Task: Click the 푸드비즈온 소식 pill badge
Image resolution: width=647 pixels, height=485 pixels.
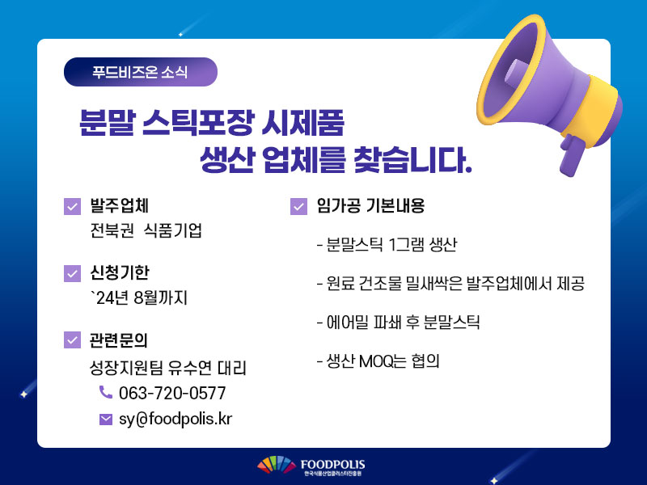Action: click(140, 72)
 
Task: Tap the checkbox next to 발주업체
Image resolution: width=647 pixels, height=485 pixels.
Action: click(72, 206)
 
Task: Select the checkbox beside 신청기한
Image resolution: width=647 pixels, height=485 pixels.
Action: click(72, 273)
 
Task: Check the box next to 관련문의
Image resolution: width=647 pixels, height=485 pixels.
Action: click(72, 339)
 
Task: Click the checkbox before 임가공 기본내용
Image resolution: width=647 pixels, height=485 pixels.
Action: click(298, 206)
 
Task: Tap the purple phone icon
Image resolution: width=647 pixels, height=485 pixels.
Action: click(106, 392)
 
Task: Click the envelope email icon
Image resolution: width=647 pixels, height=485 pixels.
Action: click(106, 420)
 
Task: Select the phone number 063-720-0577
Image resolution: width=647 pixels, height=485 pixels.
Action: click(172, 393)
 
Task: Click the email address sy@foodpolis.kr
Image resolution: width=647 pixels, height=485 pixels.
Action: click(175, 419)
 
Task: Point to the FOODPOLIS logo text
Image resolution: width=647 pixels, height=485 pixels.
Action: click(332, 465)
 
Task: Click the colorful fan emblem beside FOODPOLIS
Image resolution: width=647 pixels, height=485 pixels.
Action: click(277, 465)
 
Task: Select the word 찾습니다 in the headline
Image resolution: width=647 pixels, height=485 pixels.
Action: click(412, 159)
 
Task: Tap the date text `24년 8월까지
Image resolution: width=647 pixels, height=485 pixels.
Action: click(139, 297)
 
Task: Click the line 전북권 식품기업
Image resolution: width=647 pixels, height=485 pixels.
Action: click(146, 230)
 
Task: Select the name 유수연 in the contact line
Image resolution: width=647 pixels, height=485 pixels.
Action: click(190, 368)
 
